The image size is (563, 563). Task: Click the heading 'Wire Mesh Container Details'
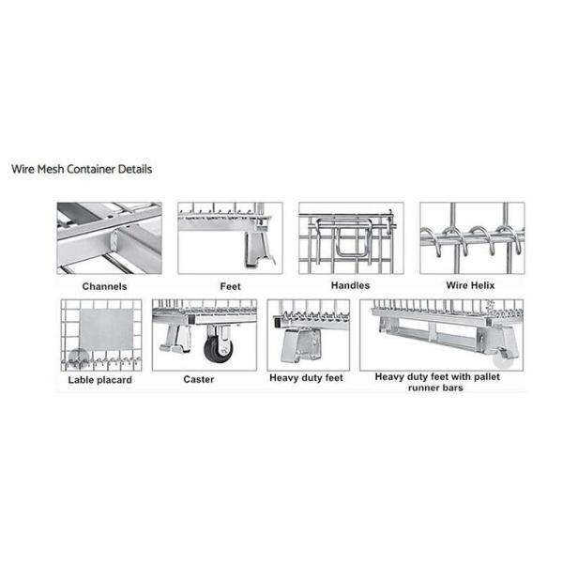[82, 170]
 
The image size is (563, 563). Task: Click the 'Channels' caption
[104, 285]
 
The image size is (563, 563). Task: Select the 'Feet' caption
[230, 285]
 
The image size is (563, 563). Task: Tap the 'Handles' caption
[350, 284]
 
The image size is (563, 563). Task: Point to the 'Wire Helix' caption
[471, 284]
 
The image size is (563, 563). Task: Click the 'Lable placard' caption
[99, 380]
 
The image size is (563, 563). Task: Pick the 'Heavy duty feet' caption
[306, 377]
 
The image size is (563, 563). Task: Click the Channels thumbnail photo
[109, 238]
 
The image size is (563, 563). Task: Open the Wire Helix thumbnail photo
[471, 238]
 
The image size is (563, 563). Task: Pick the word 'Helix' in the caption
[487, 284]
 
